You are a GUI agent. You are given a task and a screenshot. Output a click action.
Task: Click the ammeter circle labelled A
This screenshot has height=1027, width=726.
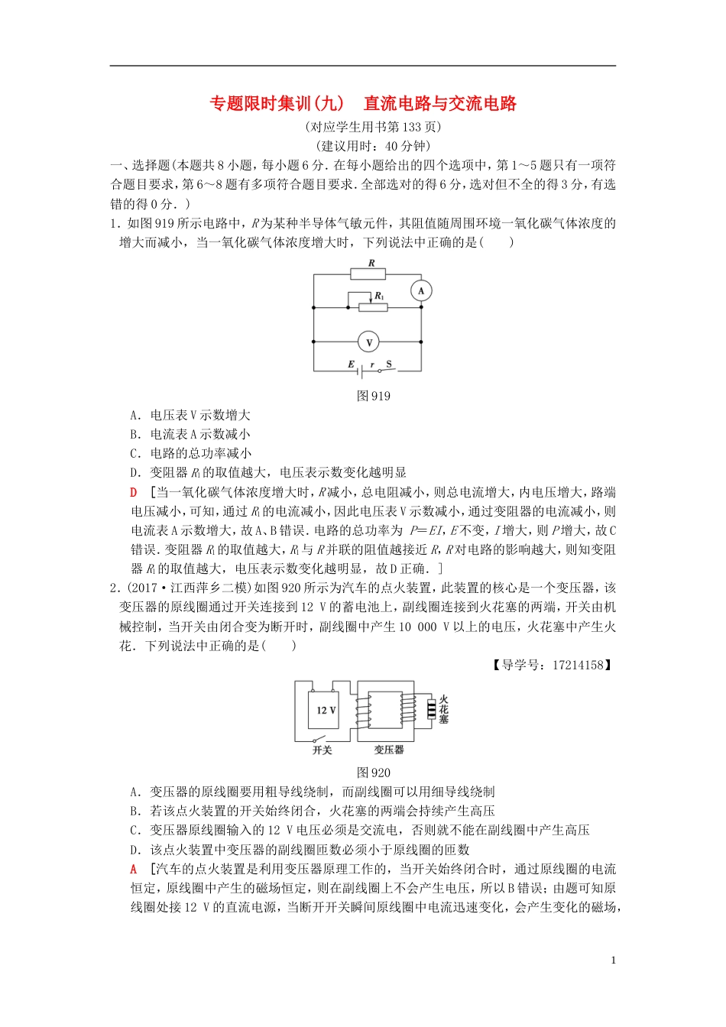click(x=421, y=290)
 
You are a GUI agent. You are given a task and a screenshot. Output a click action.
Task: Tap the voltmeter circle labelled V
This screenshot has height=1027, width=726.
click(x=368, y=342)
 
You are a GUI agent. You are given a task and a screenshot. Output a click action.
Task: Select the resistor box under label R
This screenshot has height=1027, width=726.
click(x=368, y=274)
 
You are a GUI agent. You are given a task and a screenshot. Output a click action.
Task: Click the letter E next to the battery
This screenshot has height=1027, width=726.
click(x=352, y=364)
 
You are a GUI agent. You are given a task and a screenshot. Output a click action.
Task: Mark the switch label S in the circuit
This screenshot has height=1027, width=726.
click(x=389, y=364)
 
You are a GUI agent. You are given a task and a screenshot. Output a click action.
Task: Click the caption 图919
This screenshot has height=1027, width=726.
click(x=374, y=396)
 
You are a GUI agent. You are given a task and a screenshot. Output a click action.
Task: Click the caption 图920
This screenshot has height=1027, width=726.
click(x=374, y=773)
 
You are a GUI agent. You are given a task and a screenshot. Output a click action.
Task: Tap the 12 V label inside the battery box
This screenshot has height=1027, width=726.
click(x=326, y=710)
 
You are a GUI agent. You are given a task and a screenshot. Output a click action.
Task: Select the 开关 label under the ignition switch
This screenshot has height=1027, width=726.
click(x=322, y=750)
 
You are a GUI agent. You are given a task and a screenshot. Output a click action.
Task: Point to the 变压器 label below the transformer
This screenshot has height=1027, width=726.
click(x=389, y=750)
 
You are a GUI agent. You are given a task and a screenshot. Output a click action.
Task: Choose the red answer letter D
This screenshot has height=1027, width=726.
click(x=134, y=493)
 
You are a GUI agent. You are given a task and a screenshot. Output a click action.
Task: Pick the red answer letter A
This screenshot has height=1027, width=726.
click(x=134, y=870)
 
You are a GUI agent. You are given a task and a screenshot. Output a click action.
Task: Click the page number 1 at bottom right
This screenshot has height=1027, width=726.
click(x=614, y=961)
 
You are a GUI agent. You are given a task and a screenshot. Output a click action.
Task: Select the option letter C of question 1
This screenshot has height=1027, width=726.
click(x=135, y=454)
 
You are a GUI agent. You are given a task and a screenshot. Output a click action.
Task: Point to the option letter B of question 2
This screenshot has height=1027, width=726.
click(x=135, y=812)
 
